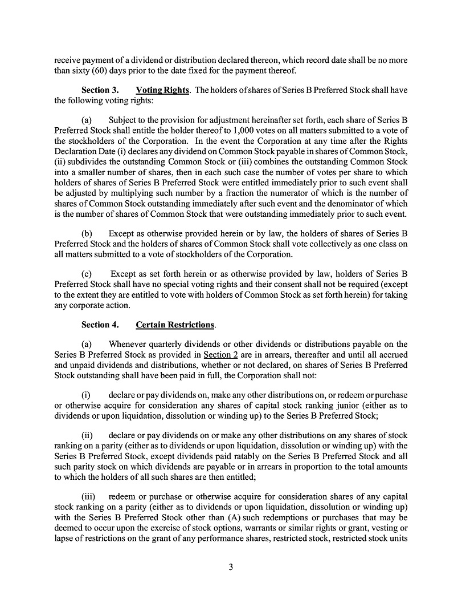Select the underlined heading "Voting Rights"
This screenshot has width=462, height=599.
[x=162, y=90]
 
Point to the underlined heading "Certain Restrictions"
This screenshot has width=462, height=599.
[x=175, y=325]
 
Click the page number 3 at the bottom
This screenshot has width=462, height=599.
[x=231, y=567]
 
